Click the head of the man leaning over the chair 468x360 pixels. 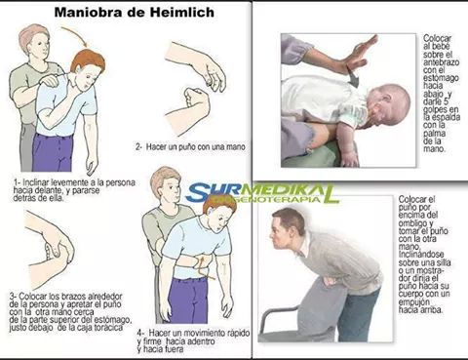(x=290, y=223)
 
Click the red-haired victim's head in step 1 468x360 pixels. (x=88, y=64)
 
